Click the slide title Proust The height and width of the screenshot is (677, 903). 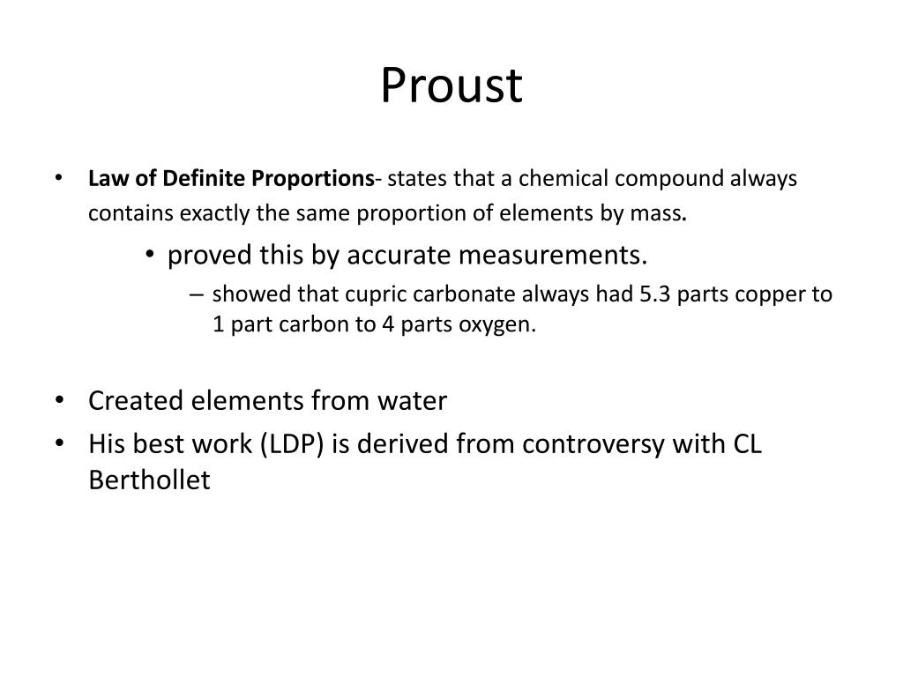point(451,86)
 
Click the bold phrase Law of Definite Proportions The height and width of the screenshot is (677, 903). point(231,179)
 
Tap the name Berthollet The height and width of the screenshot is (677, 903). point(150,480)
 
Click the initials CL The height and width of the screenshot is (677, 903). point(747,443)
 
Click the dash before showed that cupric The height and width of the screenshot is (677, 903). point(195,294)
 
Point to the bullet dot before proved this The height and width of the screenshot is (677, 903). point(153,256)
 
